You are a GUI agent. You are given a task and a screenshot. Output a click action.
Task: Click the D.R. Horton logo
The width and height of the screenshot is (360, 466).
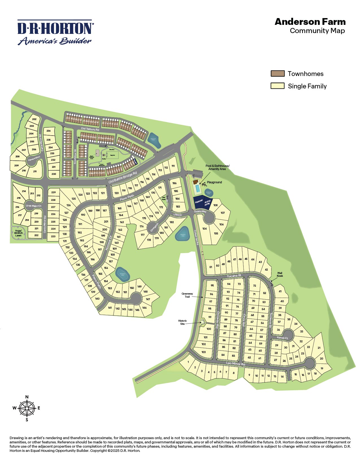click(55, 32)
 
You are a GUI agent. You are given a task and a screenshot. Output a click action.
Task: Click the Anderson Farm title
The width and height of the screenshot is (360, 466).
click(310, 22)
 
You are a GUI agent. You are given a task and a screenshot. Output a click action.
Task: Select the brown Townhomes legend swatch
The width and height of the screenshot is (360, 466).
click(277, 74)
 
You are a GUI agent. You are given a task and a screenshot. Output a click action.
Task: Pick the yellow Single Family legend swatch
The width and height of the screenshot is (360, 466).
click(277, 86)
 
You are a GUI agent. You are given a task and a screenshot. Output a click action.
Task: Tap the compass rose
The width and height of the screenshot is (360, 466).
click(27, 408)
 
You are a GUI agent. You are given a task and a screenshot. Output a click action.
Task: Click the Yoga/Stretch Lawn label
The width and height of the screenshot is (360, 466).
click(18, 233)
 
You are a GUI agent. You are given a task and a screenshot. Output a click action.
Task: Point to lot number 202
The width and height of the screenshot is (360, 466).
click(34, 119)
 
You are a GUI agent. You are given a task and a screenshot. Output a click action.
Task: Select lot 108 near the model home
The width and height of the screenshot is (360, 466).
click(215, 205)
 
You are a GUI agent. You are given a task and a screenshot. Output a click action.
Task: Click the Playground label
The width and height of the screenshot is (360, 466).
click(214, 182)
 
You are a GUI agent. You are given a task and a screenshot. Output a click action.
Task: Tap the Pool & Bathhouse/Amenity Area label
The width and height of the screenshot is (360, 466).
click(217, 167)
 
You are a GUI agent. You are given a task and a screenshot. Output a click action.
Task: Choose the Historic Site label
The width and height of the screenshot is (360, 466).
click(182, 322)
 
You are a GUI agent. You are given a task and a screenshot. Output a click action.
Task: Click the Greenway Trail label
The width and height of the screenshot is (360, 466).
click(187, 295)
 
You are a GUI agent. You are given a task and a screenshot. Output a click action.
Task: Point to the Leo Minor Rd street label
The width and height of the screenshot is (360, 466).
click(235, 364)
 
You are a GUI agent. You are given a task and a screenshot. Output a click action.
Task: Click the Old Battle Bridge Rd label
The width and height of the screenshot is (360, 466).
click(123, 177)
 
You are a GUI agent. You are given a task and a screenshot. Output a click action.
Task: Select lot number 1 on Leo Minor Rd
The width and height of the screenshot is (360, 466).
click(188, 362)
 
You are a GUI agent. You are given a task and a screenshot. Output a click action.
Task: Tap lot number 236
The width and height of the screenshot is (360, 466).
click(49, 131)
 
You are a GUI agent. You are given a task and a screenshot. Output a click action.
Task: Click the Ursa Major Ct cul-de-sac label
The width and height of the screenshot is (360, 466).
click(34, 206)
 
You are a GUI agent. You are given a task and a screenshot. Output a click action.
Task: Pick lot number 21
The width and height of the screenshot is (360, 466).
click(319, 348)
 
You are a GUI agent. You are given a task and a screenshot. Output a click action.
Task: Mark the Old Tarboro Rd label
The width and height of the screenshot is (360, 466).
click(90, 129)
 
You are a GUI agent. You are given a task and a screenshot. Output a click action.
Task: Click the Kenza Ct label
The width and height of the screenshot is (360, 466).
click(282, 338)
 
